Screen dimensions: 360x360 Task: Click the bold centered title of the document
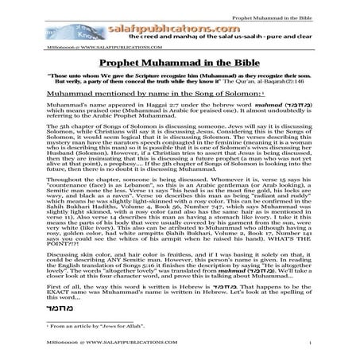(x=180, y=67)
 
